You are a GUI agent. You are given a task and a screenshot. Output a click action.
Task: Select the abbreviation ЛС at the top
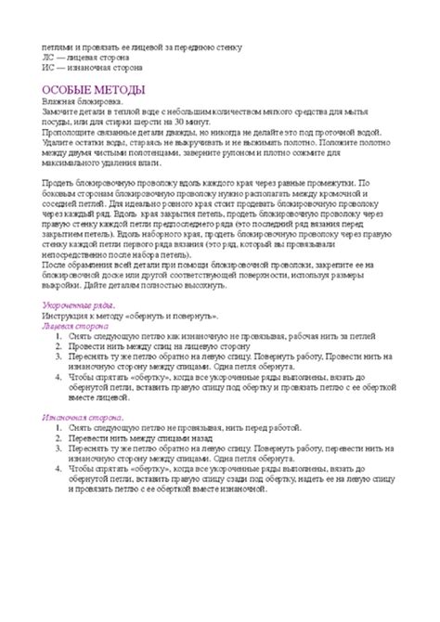(48, 58)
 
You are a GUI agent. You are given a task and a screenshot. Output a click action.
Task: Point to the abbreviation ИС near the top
(48, 68)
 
